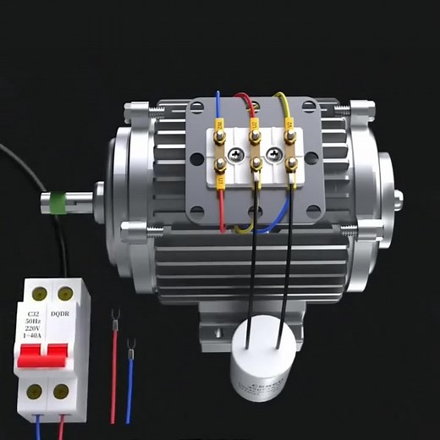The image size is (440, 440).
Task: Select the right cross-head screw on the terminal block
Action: click(x=273, y=153)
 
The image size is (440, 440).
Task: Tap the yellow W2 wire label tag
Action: click(x=219, y=128)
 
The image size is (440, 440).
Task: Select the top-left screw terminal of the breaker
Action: click(x=37, y=294)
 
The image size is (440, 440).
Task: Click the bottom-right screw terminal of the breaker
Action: click(x=61, y=392)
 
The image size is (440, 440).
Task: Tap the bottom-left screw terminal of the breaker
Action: click(x=36, y=392)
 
